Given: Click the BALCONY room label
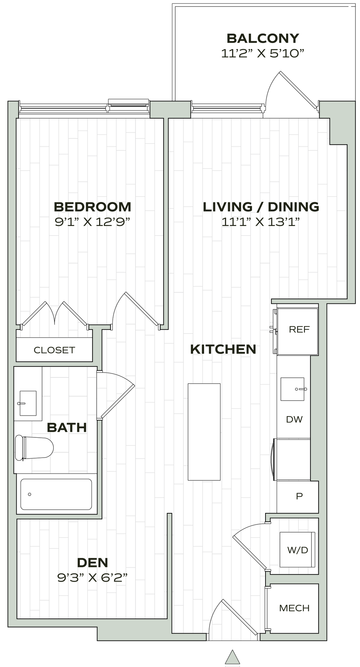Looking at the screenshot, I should tap(263, 38).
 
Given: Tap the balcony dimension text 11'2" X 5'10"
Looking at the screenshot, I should tap(263, 53).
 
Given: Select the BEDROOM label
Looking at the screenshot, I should tap(93, 207).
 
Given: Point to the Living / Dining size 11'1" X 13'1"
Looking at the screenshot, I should tap(261, 222).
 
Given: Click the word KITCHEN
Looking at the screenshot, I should tap(223, 349).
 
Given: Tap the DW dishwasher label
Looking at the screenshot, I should tap(294, 419).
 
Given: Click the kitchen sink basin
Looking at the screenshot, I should tap(293, 389).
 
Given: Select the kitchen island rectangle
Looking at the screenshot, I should tap(204, 432).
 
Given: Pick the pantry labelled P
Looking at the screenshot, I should tap(299, 496).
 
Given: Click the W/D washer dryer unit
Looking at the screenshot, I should tap(297, 550).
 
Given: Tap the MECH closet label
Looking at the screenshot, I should tap(294, 599).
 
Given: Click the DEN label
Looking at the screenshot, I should tap(93, 562).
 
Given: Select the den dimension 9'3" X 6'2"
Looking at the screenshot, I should tap(92, 578).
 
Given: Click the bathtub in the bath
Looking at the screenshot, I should tap(56, 494).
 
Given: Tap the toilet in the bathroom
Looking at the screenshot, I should tap(34, 448).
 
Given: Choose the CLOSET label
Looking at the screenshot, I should tap(54, 350).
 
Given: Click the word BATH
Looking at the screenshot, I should tap(67, 427).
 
